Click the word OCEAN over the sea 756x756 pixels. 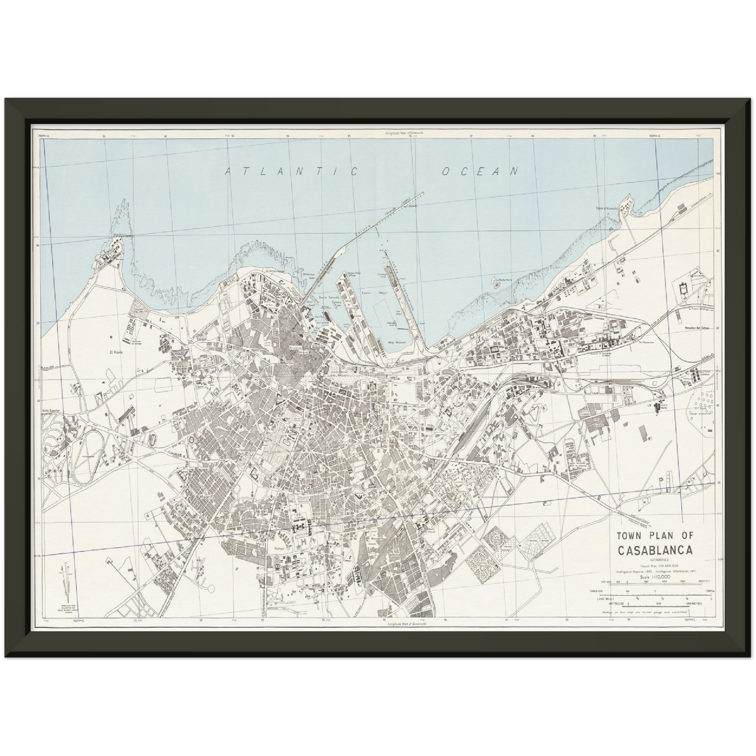[x=480, y=171]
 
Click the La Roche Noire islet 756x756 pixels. [x=494, y=281]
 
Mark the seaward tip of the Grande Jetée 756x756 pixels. [x=422, y=193]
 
